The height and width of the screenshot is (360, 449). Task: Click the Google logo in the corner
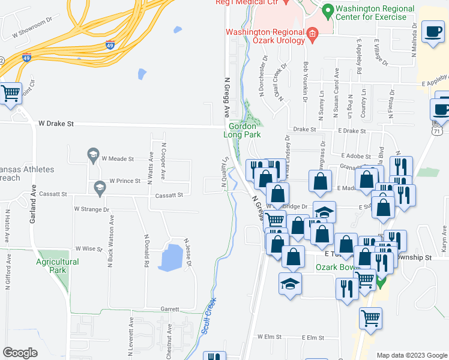20,353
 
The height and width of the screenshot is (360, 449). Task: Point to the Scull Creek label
209,319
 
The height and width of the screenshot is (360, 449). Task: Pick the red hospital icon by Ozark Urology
312,35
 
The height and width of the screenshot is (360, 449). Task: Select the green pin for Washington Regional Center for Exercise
328,11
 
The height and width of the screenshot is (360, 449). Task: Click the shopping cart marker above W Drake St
10,93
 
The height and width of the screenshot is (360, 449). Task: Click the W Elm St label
270,337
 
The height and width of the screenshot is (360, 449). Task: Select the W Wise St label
86,248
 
